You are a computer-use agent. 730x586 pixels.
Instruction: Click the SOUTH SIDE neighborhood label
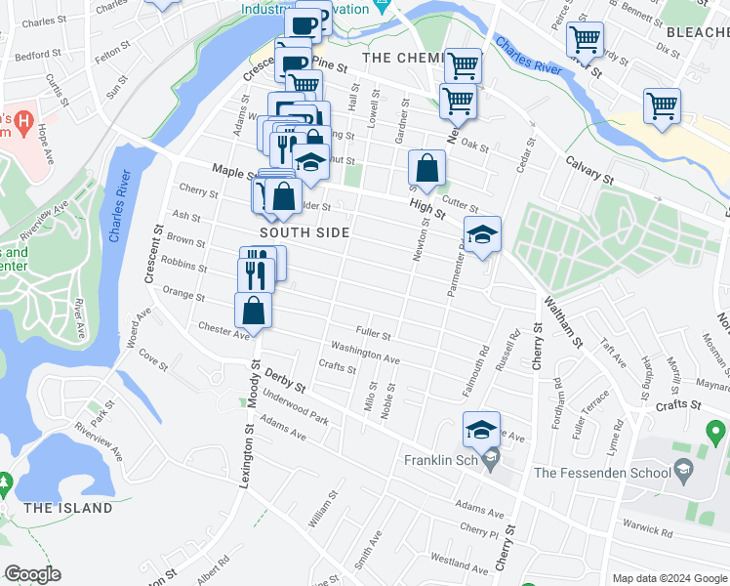coord(304,232)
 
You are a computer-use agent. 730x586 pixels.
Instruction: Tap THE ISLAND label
coord(68,508)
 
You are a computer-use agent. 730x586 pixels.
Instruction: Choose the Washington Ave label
coord(365,353)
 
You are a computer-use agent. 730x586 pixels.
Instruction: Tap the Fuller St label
coord(373,333)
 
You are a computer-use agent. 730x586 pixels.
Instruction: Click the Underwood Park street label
coord(302,410)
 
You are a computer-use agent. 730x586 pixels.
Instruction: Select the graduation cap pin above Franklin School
coord(480,429)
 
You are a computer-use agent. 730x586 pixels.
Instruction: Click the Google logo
coord(33,574)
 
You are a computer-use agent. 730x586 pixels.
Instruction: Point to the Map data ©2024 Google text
coord(669,578)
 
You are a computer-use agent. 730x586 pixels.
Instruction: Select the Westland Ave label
coord(459,565)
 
